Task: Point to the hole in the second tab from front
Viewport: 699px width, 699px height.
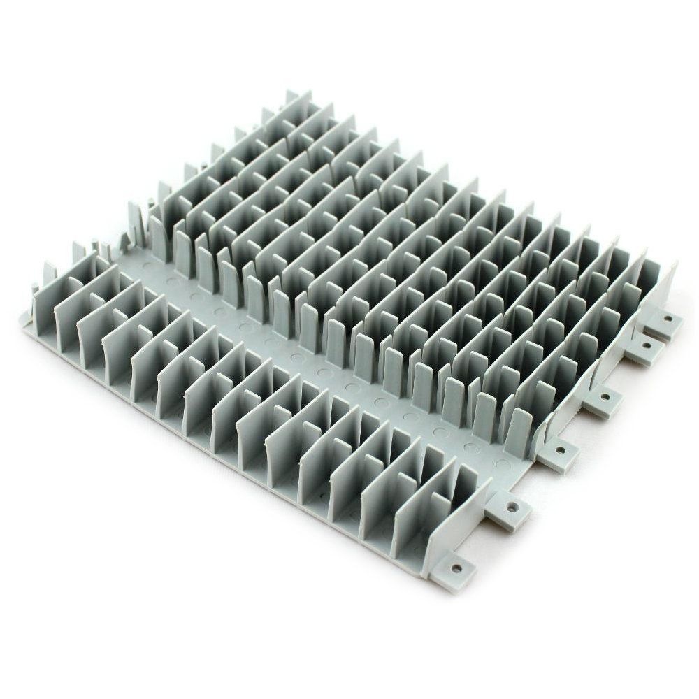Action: [x=514, y=504]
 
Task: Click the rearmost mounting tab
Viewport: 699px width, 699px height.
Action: [x=665, y=324]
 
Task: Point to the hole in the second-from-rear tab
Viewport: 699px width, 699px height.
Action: [x=645, y=346]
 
